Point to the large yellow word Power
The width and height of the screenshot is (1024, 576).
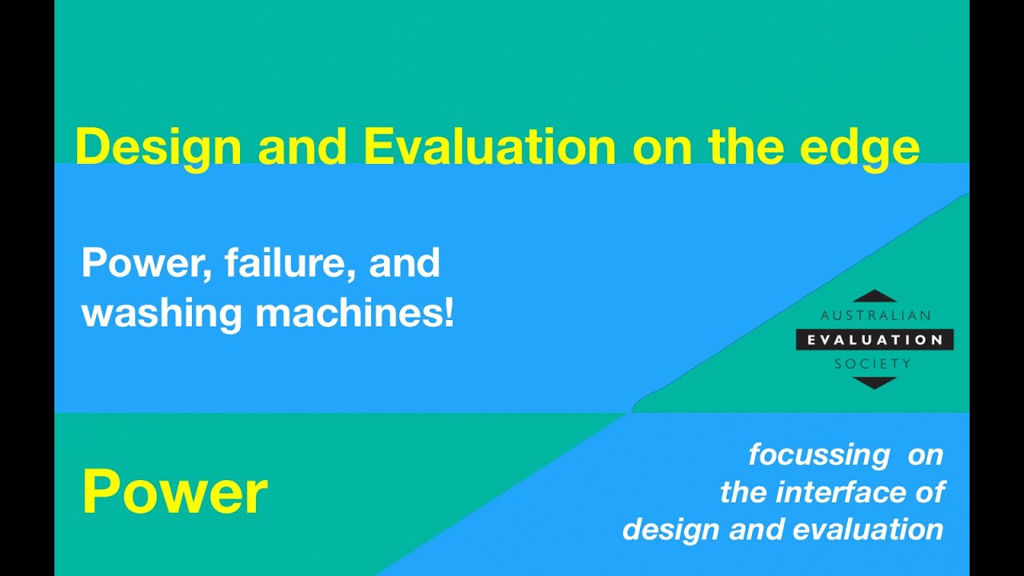click(x=175, y=491)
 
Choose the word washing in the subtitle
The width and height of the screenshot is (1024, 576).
click(x=162, y=315)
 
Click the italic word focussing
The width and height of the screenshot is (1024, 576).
click(x=819, y=456)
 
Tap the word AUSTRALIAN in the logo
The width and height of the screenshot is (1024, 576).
click(x=875, y=315)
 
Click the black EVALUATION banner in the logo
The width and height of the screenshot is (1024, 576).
click(x=874, y=340)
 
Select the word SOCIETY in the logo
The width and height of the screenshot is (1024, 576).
click(x=873, y=364)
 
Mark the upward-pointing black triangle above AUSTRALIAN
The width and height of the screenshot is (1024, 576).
click(x=874, y=297)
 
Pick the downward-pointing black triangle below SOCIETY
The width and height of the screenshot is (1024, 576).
click(x=874, y=382)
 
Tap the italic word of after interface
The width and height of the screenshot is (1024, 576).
click(x=929, y=492)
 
